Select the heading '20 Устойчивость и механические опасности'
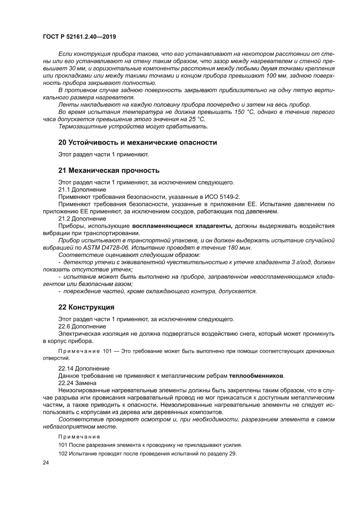[137, 142]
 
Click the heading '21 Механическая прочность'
[109, 170]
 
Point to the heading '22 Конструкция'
[86, 307]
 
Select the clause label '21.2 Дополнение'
[82, 218]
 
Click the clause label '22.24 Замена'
[78, 382]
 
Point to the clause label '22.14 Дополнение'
[84, 368]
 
